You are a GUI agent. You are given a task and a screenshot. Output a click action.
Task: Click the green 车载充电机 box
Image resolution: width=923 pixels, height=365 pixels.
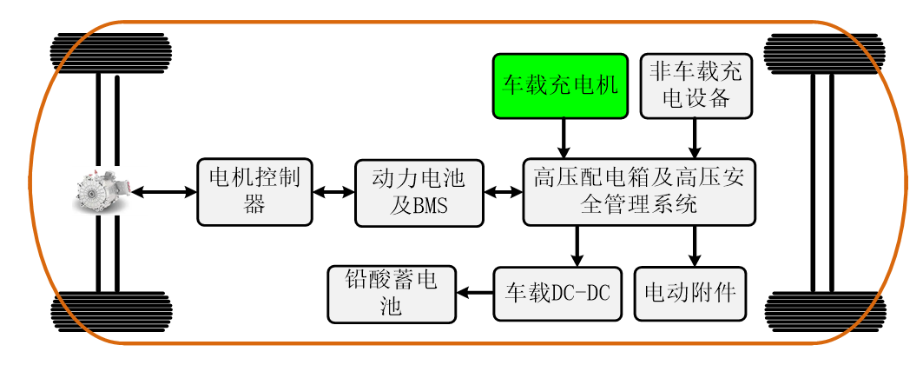[560, 86]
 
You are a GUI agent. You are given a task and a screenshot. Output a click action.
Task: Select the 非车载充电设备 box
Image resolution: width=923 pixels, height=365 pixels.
[696, 86]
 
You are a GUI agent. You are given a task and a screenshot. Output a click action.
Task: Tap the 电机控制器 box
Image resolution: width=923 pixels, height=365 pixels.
[254, 191]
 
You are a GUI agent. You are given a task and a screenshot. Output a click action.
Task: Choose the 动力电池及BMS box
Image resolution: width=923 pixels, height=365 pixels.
[419, 192]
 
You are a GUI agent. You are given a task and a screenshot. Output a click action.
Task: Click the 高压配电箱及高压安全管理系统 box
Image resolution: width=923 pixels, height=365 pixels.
[638, 191]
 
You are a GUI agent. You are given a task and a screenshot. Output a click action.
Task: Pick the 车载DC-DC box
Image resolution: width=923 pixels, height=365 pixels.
[558, 294]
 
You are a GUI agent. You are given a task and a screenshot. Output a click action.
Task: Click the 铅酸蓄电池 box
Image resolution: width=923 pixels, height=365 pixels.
[392, 294]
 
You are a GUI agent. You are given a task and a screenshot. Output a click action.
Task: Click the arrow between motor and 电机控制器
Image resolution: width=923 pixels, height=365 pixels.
[164, 191]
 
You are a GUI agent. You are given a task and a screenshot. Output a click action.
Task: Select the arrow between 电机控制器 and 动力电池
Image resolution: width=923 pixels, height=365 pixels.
[333, 192]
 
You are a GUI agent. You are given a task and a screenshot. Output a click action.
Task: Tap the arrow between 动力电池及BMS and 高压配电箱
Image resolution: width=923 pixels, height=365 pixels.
[503, 192]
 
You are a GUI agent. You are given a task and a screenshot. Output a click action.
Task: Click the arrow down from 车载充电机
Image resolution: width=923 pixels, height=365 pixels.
[564, 137]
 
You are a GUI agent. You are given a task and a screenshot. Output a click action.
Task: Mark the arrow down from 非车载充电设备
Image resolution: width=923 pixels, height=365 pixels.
[696, 137]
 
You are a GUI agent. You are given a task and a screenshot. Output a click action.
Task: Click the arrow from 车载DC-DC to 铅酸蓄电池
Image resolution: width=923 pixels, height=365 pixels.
[475, 293]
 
